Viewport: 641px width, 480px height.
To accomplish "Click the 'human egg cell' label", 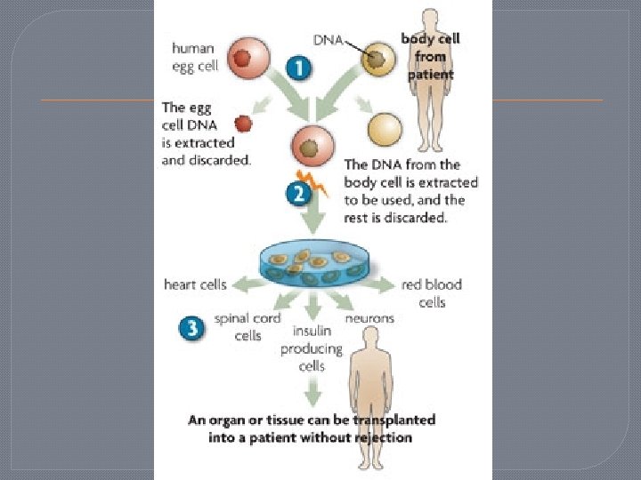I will [x=194, y=57].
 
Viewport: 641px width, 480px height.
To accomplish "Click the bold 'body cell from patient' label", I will [x=430, y=56].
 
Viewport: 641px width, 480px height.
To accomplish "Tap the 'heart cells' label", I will [x=195, y=285].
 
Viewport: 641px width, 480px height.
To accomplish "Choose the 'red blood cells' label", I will [x=431, y=293].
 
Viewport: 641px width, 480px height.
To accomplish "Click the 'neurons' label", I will [x=369, y=317].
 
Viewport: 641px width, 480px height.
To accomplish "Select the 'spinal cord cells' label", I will [x=247, y=326].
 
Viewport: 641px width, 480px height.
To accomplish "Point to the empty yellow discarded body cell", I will [x=385, y=130].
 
